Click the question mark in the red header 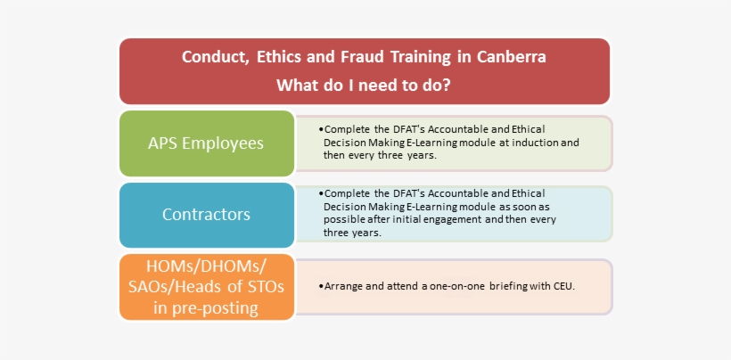point(446,86)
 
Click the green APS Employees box point(206,143)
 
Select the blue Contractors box point(206,215)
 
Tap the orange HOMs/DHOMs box point(206,286)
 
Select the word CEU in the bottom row point(563,287)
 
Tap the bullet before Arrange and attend point(320,287)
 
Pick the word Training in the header point(423,58)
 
